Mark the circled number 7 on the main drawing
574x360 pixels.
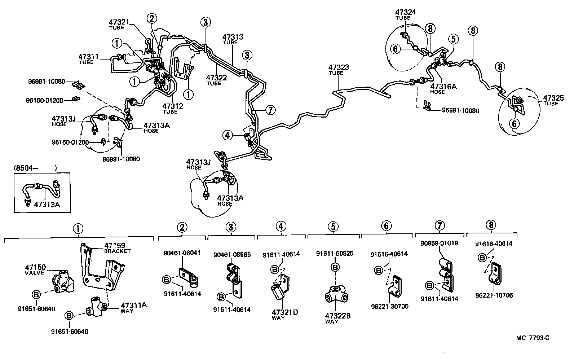[270, 110]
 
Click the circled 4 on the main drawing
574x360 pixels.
[228, 135]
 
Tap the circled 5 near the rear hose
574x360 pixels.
[453, 39]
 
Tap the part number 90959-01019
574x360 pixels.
[439, 243]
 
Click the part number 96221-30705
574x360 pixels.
[389, 307]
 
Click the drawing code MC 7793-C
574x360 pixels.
[533, 338]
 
